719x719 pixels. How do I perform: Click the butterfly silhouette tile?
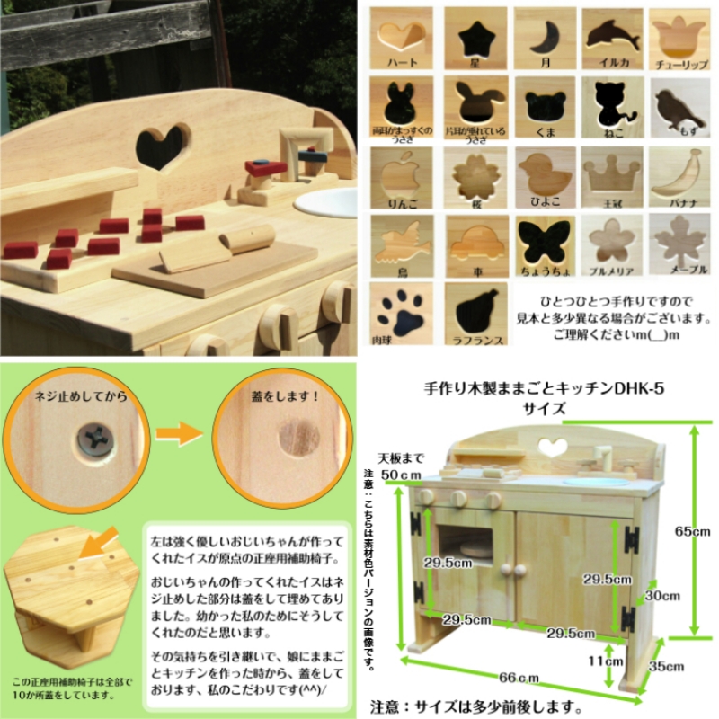tap(544, 243)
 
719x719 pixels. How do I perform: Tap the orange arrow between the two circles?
tap(180, 436)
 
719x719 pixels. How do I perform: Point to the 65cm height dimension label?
tap(693, 530)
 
